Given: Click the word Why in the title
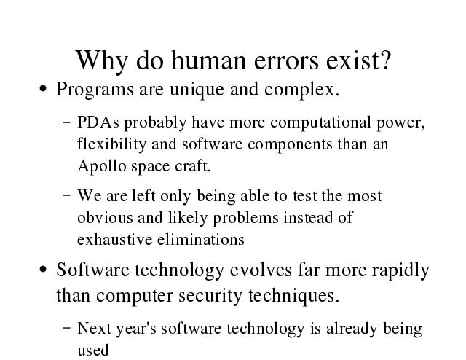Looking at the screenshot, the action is pos(102,62).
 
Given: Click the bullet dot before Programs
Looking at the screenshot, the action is pos(43,89).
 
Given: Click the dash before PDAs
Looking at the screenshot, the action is pos(67,122).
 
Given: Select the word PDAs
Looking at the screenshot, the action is pos(98,122).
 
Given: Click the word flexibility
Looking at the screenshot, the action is pos(111,145).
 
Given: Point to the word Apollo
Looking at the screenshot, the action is pos(102,167).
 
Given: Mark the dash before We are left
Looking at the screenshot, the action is pos(67,195).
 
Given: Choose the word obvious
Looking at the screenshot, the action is pos(105,218).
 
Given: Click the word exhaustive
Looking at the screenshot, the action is pos(114,240).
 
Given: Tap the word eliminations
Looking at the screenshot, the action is pos(201,240).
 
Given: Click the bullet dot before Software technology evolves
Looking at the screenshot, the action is pos(43,269).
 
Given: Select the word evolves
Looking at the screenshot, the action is pos(261,270).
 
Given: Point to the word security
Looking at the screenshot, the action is pos(210,297).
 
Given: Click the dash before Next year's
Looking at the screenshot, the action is pos(67,328).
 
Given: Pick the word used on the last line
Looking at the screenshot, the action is pos(92,351).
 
